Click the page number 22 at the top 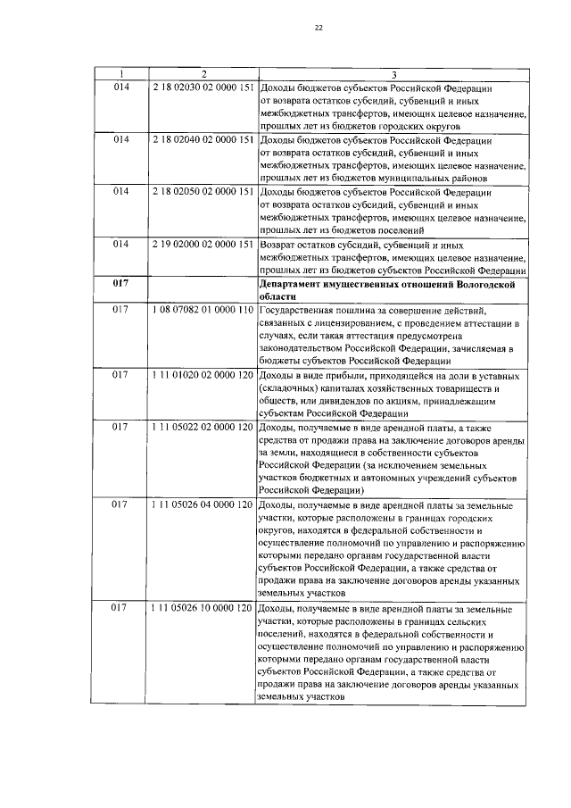(319, 28)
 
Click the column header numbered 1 (121, 74)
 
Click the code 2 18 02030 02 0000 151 (203, 88)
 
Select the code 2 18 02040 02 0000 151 (203, 140)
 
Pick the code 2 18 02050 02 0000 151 (203, 192)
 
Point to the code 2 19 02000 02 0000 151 (203, 244)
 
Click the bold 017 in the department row (121, 283)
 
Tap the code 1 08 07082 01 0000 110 (203, 309)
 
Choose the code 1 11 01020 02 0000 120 (203, 374)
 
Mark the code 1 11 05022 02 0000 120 (203, 426)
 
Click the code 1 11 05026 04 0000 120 (203, 504)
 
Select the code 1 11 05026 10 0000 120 (203, 609)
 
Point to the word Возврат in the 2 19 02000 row (280, 244)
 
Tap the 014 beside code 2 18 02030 (121, 88)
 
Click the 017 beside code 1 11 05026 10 (121, 609)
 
